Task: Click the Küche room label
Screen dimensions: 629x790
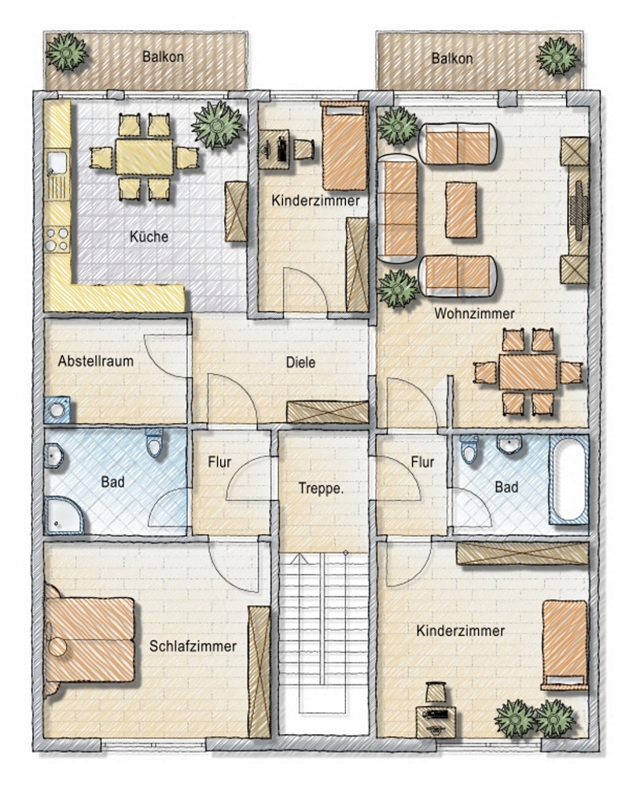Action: tap(149, 237)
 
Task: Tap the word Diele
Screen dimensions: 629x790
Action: tap(300, 362)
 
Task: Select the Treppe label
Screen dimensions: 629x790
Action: tap(321, 488)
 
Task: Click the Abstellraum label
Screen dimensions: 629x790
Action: tap(95, 361)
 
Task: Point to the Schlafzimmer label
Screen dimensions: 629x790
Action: tap(193, 646)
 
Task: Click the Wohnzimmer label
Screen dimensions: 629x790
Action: tap(474, 314)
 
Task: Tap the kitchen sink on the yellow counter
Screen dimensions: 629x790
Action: tap(57, 162)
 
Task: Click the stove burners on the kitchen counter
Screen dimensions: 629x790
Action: tap(57, 239)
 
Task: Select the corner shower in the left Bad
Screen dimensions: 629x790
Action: tap(64, 515)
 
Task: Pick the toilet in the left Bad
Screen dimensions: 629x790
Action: tap(154, 443)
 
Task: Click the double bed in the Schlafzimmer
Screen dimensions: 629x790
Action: tap(90, 640)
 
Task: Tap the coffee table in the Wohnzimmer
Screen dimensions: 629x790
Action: tap(462, 210)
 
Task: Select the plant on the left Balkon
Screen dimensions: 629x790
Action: tap(66, 52)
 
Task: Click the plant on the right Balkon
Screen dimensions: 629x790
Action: tap(557, 56)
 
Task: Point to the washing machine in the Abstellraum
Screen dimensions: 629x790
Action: tap(57, 410)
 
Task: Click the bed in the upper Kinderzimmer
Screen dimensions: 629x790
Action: tap(344, 146)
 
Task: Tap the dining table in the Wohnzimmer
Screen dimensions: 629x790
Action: tap(528, 373)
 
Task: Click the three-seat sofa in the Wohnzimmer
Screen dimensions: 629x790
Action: tap(398, 209)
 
